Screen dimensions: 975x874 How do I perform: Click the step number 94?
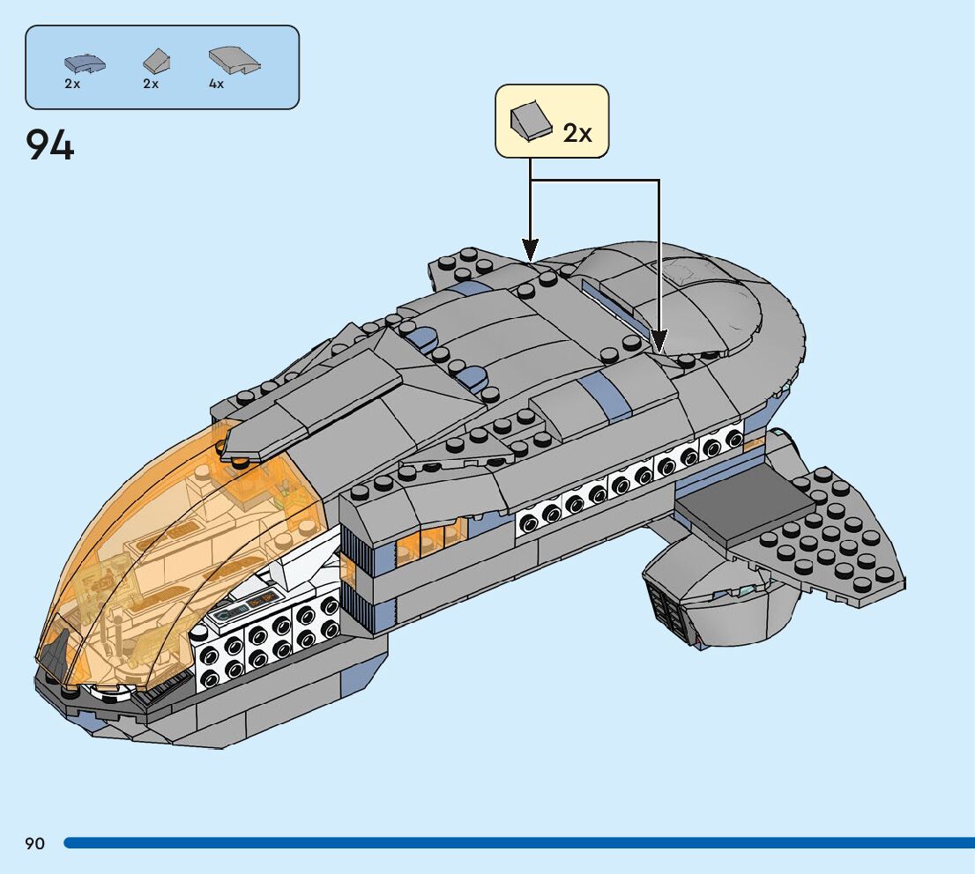[50, 144]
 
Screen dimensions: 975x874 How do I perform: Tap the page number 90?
[34, 844]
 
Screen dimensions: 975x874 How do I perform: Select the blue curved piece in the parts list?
[85, 63]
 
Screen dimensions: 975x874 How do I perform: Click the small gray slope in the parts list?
[155, 61]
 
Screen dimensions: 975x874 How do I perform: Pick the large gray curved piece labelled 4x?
[234, 60]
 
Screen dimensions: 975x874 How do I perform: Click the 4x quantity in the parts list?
[217, 85]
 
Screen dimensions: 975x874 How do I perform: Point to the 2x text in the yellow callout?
[577, 132]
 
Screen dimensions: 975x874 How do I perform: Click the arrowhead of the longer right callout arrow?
[659, 339]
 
